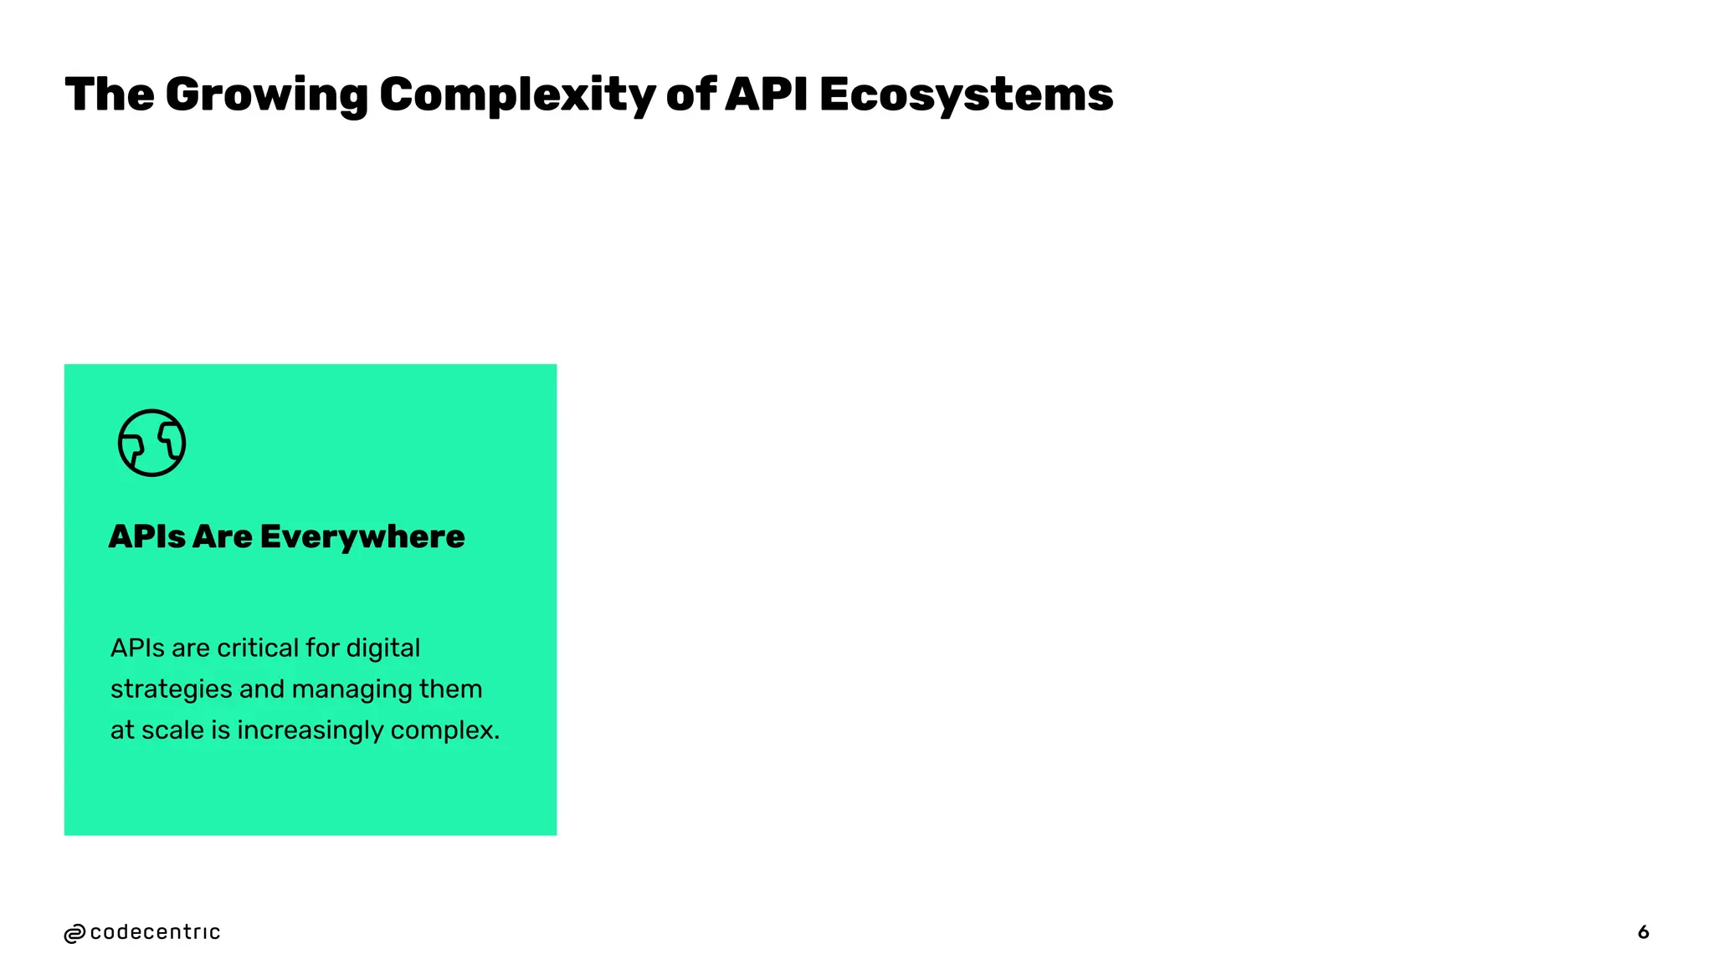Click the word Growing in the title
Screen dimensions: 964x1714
pyautogui.click(x=266, y=95)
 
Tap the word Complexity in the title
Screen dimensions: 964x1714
pyautogui.click(x=517, y=95)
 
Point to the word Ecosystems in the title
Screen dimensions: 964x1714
pyautogui.click(x=966, y=95)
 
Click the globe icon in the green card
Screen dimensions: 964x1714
pyautogui.click(x=151, y=443)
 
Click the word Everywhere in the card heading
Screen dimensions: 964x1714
pyautogui.click(x=362, y=536)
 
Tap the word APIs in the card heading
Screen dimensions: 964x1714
pyautogui.click(x=147, y=536)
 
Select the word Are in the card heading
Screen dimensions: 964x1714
pyautogui.click(x=222, y=536)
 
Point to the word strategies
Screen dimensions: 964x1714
pyautogui.click(x=171, y=690)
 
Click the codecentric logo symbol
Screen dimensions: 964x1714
pyautogui.click(x=74, y=933)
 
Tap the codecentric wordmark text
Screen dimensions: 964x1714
pyautogui.click(x=155, y=932)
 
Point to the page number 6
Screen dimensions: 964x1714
pyautogui.click(x=1643, y=932)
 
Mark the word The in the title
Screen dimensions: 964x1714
pyautogui.click(x=109, y=94)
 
